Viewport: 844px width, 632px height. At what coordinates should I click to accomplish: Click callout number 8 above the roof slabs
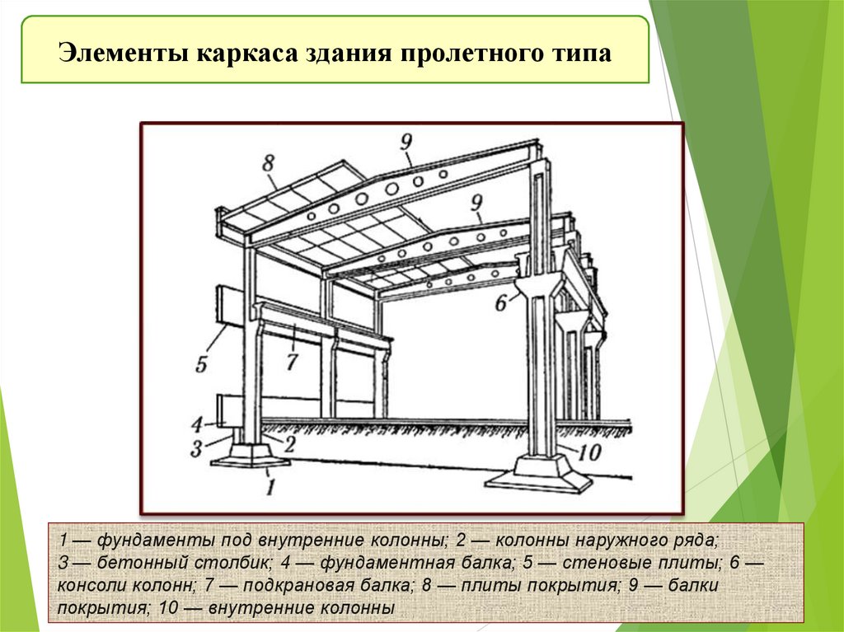(x=269, y=162)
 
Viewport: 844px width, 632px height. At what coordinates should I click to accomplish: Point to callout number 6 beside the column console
(x=500, y=303)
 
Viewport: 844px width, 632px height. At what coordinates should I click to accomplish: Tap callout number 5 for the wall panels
(x=202, y=363)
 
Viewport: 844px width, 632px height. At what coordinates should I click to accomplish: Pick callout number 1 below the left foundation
(x=269, y=487)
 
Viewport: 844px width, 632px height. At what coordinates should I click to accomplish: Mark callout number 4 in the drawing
(x=196, y=425)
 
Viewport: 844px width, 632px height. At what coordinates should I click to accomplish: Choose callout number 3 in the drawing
(x=196, y=448)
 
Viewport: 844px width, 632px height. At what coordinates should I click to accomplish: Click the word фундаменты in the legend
(x=152, y=542)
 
